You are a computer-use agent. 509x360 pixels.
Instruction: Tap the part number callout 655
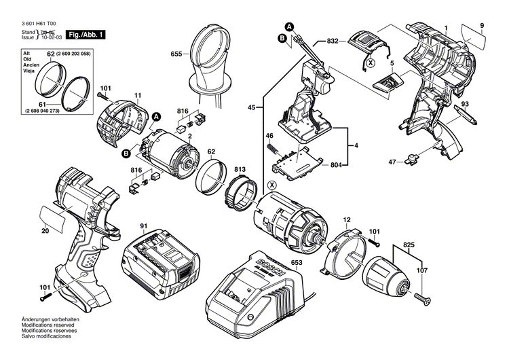(176, 52)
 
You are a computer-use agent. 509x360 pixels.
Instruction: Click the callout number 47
(392, 162)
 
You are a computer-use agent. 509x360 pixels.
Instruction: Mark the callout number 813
(241, 170)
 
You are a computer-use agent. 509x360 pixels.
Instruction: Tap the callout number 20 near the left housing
(45, 231)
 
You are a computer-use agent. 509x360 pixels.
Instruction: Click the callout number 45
(252, 107)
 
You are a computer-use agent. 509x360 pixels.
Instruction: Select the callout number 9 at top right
(483, 25)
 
